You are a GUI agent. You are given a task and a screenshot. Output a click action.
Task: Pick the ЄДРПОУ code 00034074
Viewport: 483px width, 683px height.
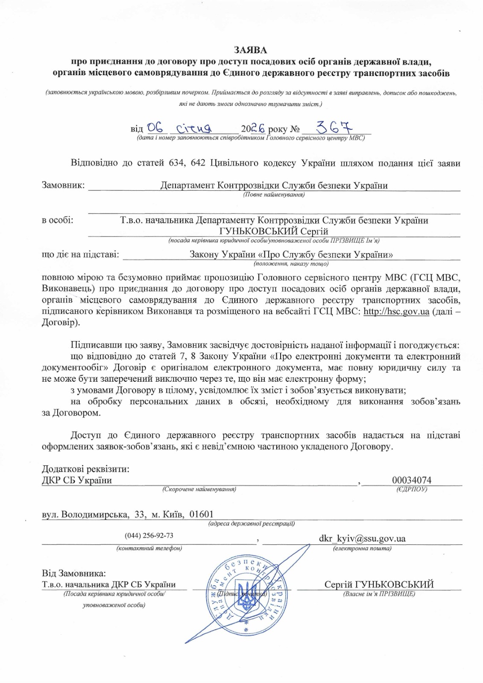(412, 480)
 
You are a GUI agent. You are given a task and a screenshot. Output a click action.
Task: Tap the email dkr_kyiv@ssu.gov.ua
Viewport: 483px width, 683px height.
(362, 538)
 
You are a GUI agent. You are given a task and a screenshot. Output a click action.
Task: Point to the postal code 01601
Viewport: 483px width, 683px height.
(202, 514)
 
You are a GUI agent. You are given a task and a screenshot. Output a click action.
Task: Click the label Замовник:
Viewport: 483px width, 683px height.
(63, 186)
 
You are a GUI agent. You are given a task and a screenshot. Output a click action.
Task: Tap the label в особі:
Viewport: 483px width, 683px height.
(57, 220)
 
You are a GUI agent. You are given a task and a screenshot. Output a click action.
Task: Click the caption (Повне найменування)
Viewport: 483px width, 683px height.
(274, 195)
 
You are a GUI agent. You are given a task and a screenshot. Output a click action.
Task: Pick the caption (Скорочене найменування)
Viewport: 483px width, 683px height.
(199, 490)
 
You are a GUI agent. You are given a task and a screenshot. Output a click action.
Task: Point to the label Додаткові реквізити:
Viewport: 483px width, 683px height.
(85, 469)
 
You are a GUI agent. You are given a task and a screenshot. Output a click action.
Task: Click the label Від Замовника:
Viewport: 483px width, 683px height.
(74, 573)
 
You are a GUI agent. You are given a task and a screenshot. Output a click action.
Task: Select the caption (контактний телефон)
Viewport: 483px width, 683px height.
(149, 549)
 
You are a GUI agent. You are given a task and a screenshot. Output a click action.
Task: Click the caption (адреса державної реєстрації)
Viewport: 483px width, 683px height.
(252, 524)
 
